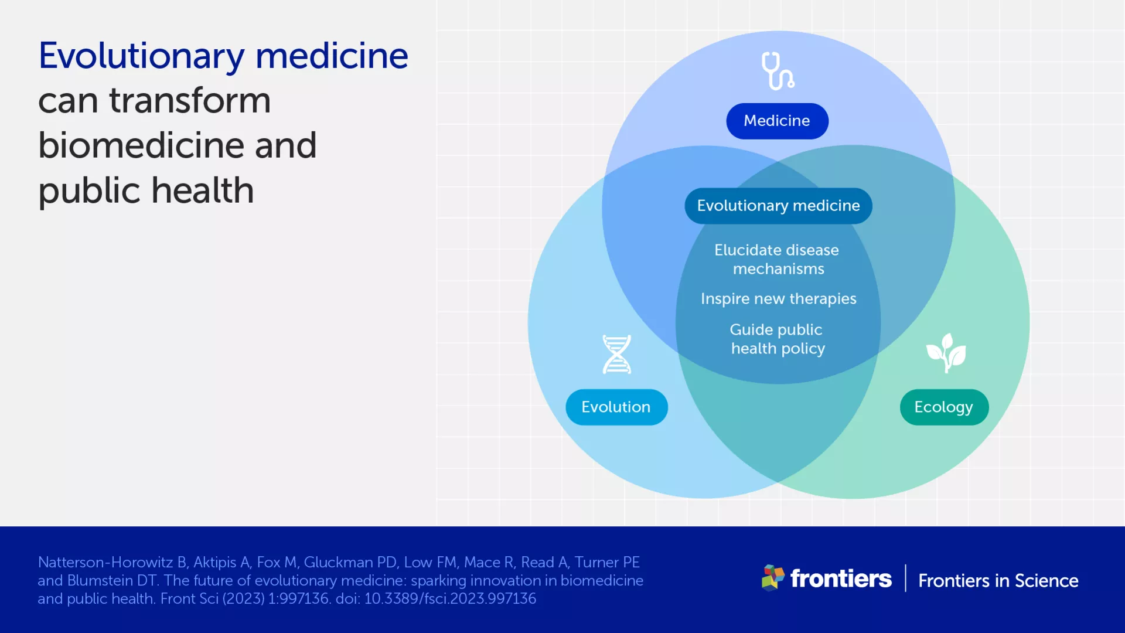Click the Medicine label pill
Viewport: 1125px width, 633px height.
(x=777, y=121)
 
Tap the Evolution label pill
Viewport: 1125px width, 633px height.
(x=616, y=407)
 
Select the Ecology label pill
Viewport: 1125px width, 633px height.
(x=944, y=407)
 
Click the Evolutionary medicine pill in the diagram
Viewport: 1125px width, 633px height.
(x=778, y=206)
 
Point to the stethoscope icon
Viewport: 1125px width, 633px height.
(x=778, y=71)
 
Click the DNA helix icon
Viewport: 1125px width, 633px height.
(x=617, y=354)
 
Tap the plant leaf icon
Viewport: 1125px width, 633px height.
(x=946, y=353)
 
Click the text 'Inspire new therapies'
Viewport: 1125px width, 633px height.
(x=778, y=299)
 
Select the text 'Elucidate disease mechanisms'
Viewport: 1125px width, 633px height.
(x=777, y=259)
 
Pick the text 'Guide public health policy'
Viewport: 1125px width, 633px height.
(x=777, y=339)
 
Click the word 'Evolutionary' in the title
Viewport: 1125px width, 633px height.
(x=141, y=57)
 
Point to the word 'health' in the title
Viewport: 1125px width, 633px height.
(x=203, y=190)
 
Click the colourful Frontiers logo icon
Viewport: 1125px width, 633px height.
(x=773, y=578)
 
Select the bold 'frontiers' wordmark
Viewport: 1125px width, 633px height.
(x=841, y=578)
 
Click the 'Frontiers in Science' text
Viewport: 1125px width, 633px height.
(x=998, y=580)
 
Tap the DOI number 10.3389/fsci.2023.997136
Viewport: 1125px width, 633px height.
(x=450, y=598)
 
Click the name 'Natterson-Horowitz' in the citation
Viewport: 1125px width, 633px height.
(x=105, y=562)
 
